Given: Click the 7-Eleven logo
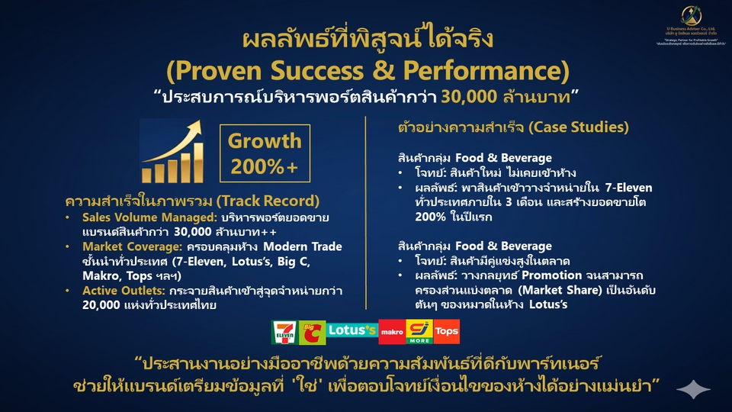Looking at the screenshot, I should tap(283, 330).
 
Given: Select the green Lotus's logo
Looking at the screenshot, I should tap(352, 330).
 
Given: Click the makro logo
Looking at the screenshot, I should tap(391, 331).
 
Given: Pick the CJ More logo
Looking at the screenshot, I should tap(419, 330).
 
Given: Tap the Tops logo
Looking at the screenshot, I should tap(447, 331).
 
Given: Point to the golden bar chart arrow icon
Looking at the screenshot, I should tap(173, 151).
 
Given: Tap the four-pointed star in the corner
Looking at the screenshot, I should tap(694, 390).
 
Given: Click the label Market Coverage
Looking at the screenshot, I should tap(114, 246).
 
